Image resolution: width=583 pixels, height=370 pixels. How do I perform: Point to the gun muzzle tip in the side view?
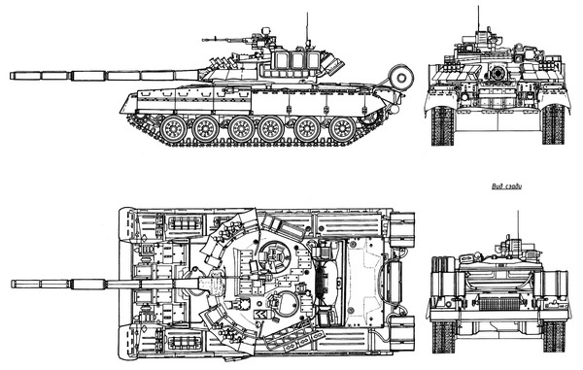[x=13, y=75]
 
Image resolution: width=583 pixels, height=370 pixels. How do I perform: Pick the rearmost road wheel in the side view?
[x=342, y=127]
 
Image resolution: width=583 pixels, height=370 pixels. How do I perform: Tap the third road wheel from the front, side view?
[x=242, y=127]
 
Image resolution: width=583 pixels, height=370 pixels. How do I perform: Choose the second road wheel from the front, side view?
[x=207, y=127]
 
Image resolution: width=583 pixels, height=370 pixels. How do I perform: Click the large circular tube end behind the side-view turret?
[x=399, y=76]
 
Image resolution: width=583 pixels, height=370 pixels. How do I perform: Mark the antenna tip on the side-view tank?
[x=308, y=15]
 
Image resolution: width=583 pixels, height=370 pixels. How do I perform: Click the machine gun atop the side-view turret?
[x=225, y=40]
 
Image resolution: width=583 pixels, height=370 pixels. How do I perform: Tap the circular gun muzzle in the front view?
[x=498, y=72]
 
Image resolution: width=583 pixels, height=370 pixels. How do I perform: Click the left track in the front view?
[x=441, y=124]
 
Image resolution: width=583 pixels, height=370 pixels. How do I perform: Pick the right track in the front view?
[x=553, y=124]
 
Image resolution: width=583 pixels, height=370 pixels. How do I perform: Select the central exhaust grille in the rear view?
[x=498, y=302]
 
